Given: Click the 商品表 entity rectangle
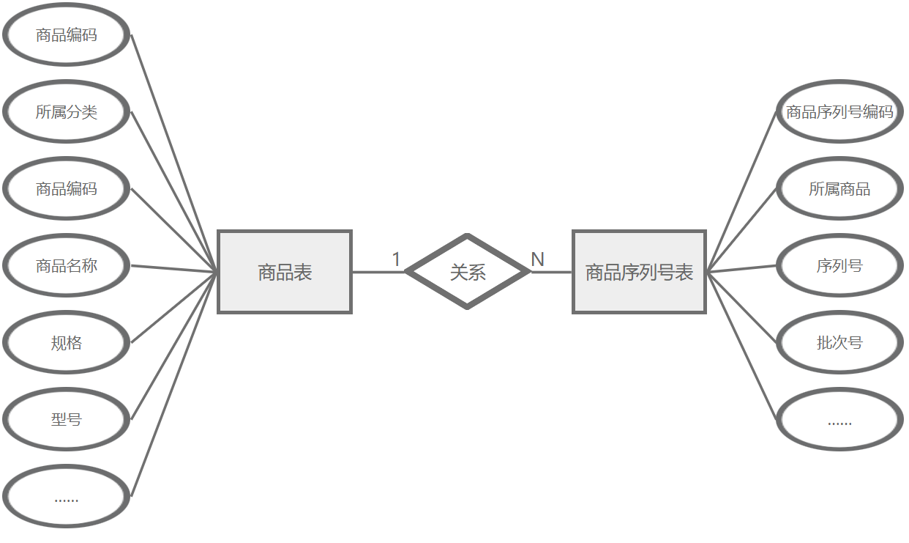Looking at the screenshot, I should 285,272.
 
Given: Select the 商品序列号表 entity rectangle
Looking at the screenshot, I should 639,272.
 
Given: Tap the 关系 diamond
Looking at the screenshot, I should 468,272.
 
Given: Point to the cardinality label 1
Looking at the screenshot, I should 396,259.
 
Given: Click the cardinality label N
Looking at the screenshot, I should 537,259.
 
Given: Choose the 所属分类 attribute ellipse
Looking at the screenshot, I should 67,111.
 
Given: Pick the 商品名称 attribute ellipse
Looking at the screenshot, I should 67,265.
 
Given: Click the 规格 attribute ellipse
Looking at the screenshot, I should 67,342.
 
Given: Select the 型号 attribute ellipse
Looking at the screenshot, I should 67,419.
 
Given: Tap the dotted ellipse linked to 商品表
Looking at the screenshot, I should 67,497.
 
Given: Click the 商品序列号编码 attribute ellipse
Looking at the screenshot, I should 839,111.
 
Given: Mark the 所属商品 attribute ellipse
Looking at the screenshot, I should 839,188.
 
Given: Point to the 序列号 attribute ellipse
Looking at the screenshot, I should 839,265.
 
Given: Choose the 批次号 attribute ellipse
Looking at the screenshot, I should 839,342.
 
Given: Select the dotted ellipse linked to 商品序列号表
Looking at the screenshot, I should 839,420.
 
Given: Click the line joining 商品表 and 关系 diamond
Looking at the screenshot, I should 378,272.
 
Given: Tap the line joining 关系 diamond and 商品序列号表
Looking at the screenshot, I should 551,272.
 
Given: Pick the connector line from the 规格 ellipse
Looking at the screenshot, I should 174,308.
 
